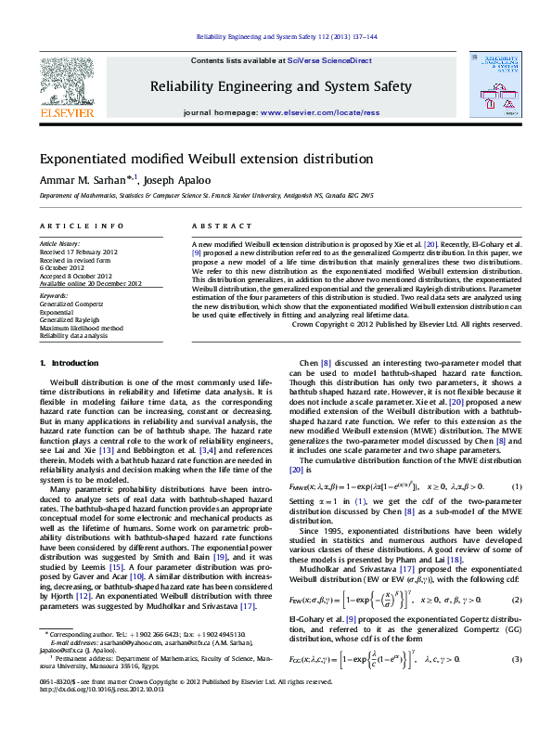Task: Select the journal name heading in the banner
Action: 280,86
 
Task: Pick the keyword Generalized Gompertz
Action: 70,304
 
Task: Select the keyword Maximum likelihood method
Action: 81,328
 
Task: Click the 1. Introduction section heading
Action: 75,363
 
